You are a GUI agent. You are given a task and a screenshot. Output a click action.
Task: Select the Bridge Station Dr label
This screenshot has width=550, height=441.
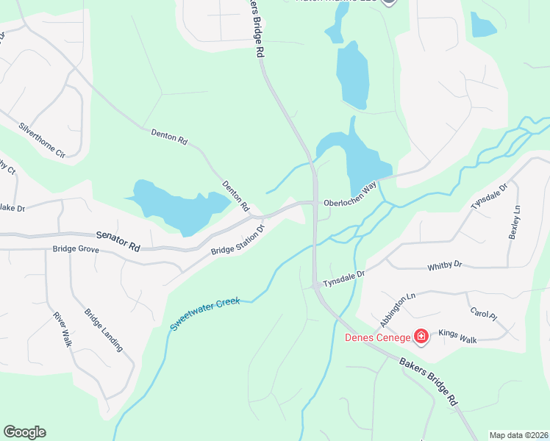(238, 240)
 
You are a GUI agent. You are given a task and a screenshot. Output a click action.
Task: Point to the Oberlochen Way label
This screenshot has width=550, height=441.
(350, 196)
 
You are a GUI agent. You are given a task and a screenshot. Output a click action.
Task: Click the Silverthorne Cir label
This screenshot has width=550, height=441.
(42, 140)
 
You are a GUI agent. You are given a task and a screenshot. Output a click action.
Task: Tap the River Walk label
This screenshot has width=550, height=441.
(63, 330)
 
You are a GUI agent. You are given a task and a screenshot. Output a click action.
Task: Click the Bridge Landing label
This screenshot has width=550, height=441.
(103, 330)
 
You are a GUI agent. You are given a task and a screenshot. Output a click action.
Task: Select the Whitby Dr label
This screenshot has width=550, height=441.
(445, 264)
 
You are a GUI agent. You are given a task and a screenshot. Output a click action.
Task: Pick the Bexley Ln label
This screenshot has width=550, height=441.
(514, 221)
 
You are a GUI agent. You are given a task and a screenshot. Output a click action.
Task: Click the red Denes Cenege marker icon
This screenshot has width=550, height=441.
(421, 337)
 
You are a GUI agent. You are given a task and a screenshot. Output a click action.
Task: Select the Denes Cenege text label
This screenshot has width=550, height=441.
(379, 338)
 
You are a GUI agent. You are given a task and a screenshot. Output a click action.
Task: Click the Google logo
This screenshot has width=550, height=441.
(24, 432)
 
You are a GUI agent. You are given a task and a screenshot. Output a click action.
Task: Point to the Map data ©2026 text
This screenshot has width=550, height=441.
(518, 435)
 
